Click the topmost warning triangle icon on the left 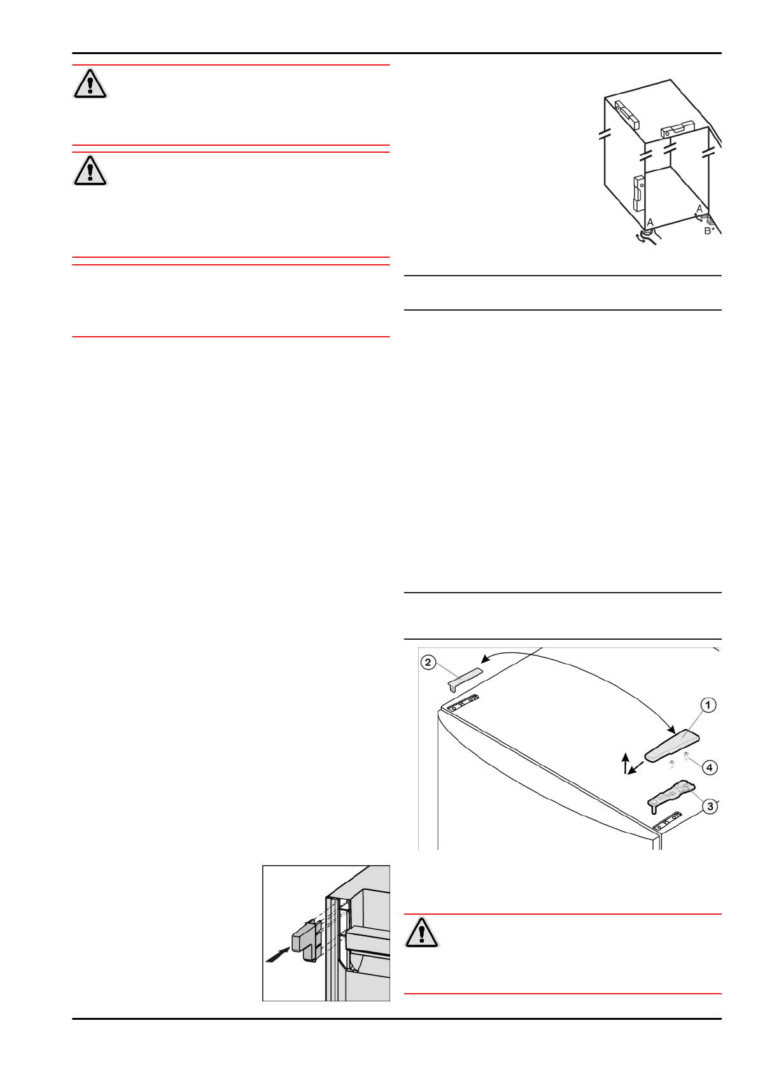(x=90, y=84)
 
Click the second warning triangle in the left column (x=90, y=171)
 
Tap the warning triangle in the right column (x=421, y=933)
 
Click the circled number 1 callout (x=708, y=705)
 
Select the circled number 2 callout (x=428, y=663)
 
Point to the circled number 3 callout (x=709, y=807)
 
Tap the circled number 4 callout (x=709, y=767)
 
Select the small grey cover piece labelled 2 (x=465, y=678)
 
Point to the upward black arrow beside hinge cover (x=626, y=762)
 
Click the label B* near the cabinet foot (x=709, y=231)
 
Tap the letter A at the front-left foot (x=650, y=222)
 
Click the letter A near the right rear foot (x=699, y=209)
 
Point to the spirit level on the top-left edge (x=627, y=115)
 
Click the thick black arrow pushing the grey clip (x=277, y=954)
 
